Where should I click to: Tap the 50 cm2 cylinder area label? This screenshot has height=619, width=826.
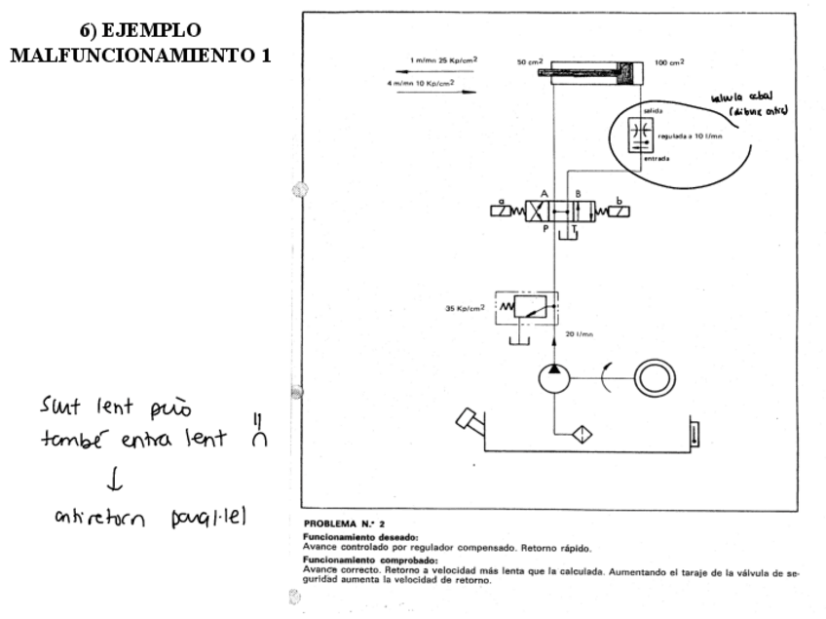click(529, 62)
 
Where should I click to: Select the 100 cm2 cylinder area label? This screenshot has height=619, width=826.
click(669, 62)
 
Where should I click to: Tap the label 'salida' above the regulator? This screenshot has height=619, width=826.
click(654, 111)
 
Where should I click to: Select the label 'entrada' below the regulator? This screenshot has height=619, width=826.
click(657, 160)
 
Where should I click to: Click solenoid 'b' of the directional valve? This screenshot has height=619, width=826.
click(617, 209)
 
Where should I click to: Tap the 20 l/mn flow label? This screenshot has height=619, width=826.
click(580, 334)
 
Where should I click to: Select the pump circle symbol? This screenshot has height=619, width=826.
click(554, 376)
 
